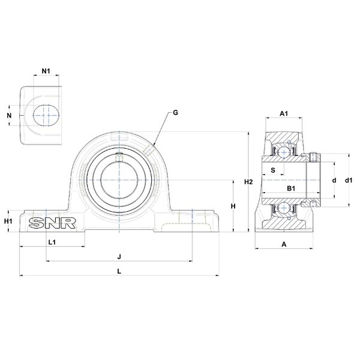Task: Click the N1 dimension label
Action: [46, 71]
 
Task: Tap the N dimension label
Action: [9, 115]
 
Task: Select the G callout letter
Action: [175, 113]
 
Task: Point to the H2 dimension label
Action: [248, 182]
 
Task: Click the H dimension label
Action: [233, 206]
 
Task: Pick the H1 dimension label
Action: [8, 221]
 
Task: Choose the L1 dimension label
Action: [52, 242]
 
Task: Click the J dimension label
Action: [119, 256]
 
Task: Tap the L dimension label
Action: [119, 271]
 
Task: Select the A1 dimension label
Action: [284, 113]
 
